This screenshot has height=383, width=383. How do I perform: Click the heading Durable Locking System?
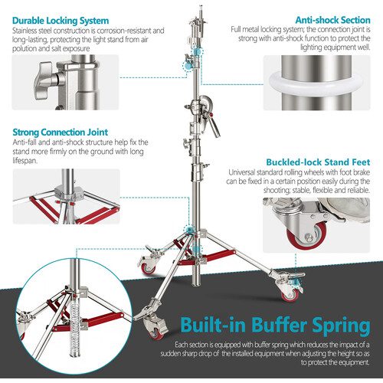click(61, 21)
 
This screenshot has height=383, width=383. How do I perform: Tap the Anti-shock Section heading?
click(332, 20)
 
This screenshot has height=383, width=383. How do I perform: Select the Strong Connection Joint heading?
click(61, 133)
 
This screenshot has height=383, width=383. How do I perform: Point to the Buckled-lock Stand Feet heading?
click(318, 162)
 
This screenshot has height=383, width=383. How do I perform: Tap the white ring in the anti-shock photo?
click(316, 83)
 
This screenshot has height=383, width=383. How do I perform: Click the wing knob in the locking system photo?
click(44, 80)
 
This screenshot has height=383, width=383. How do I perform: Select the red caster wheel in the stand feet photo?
click(306, 236)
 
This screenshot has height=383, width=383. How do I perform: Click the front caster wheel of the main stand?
click(155, 329)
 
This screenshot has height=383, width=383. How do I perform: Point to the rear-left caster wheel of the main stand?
click(147, 267)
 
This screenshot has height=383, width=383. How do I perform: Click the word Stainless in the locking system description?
click(25, 31)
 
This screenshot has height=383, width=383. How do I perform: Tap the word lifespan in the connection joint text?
click(25, 161)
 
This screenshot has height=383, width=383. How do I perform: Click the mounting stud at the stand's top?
click(201, 11)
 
